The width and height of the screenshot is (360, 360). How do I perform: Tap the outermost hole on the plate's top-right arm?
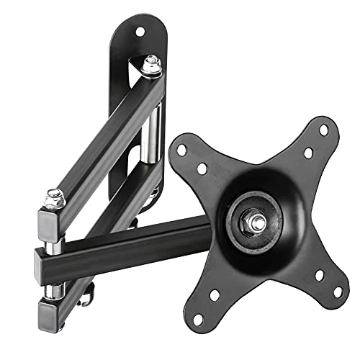coord(323,130)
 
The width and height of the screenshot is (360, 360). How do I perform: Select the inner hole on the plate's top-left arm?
coord(202,168)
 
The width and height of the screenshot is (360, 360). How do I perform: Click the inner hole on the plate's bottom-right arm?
coord(318,275)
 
